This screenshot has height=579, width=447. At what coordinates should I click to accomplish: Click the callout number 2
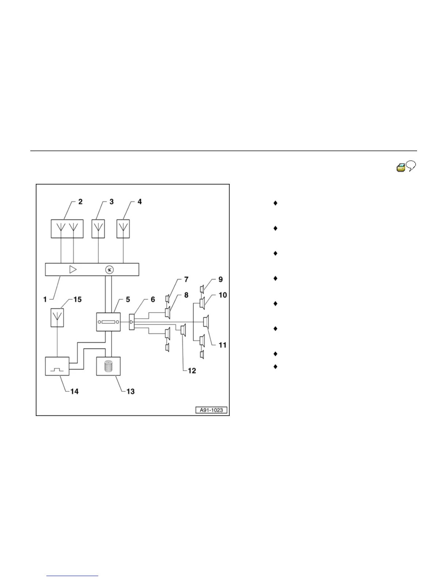point(80,201)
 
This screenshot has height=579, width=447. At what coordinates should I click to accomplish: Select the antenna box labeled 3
point(98,229)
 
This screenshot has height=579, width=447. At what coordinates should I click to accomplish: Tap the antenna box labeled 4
point(123,229)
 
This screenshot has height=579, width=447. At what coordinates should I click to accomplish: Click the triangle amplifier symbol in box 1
point(73,270)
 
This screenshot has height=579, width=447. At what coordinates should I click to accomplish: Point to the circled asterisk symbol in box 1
point(109,270)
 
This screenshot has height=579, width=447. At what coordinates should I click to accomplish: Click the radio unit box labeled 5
point(108,322)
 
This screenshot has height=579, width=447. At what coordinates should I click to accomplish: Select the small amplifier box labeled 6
point(132,322)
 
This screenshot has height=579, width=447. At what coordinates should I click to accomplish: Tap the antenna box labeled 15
point(57,318)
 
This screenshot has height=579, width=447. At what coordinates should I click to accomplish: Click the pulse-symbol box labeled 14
point(57,366)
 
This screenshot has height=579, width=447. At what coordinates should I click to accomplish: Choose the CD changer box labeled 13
point(108,366)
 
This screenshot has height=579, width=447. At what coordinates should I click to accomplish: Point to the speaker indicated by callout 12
point(183,330)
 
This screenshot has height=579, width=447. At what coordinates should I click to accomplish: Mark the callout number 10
point(222,295)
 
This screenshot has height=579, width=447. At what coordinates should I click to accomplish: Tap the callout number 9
point(221,280)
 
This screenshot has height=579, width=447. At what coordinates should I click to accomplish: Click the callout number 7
point(186,280)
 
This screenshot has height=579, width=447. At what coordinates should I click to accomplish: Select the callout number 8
point(186,295)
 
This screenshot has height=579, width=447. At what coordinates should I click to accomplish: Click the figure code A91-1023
point(211,410)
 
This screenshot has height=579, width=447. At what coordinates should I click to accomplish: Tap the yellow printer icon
point(401,168)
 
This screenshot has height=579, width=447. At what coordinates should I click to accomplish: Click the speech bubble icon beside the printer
point(412,167)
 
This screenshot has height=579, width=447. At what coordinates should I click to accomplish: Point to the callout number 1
point(45,299)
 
